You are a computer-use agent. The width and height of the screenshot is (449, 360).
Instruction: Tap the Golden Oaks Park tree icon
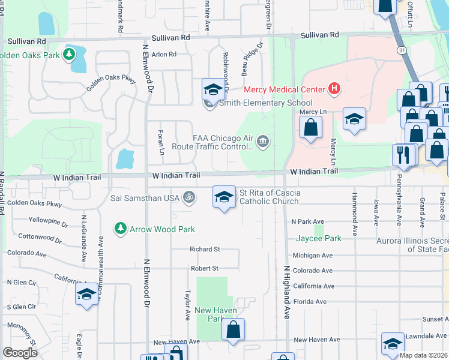pyautogui.click(x=70, y=55)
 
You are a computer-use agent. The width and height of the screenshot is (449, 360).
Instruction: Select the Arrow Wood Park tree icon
pyautogui.click(x=121, y=229)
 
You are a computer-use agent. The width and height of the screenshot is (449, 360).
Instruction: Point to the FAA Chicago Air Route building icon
pyautogui.click(x=263, y=142)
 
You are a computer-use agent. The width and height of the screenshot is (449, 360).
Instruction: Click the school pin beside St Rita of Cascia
pyautogui.click(x=224, y=197)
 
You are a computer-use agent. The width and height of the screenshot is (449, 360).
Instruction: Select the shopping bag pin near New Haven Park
pyautogui.click(x=233, y=329)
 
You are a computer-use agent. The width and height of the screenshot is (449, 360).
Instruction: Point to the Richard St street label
pyautogui.click(x=205, y=249)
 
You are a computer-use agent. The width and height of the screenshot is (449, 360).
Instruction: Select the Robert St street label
pyautogui.click(x=205, y=268)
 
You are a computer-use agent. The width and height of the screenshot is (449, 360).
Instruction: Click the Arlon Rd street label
pyautogui.click(x=164, y=54)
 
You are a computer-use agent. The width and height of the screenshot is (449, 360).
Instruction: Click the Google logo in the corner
pyautogui.click(x=20, y=353)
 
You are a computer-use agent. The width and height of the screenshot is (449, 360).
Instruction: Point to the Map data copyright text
pyautogui.click(x=424, y=355)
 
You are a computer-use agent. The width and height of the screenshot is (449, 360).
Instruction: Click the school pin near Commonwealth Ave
pyautogui.click(x=87, y=295)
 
